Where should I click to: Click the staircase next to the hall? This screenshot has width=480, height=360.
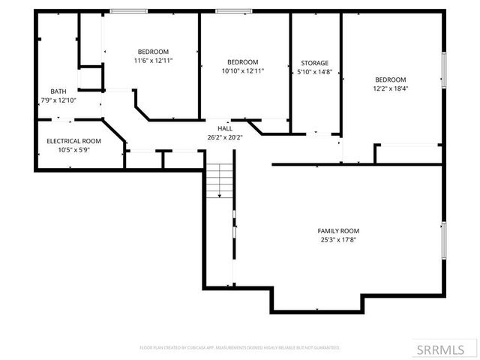point(219,181)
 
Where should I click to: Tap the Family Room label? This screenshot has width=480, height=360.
point(338,231)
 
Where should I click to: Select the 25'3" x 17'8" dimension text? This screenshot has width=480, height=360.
point(338,241)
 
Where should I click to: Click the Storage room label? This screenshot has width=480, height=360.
point(314,63)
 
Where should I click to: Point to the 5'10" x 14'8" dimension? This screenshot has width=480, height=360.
point(314,73)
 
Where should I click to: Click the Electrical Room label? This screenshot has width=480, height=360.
point(73,141)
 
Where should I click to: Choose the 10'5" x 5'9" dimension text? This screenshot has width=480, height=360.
point(73,150)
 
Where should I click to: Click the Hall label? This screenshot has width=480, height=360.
point(225,129)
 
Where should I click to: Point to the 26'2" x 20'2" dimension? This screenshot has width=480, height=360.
point(225,138)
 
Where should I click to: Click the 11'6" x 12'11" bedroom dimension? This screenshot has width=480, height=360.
point(154,61)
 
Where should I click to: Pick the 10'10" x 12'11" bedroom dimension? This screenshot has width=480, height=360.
point(242,71)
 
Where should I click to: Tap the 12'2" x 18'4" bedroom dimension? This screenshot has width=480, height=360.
point(391,88)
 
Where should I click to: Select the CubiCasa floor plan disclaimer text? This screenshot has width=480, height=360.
point(240,348)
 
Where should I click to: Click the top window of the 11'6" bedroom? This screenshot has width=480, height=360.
point(129,11)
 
